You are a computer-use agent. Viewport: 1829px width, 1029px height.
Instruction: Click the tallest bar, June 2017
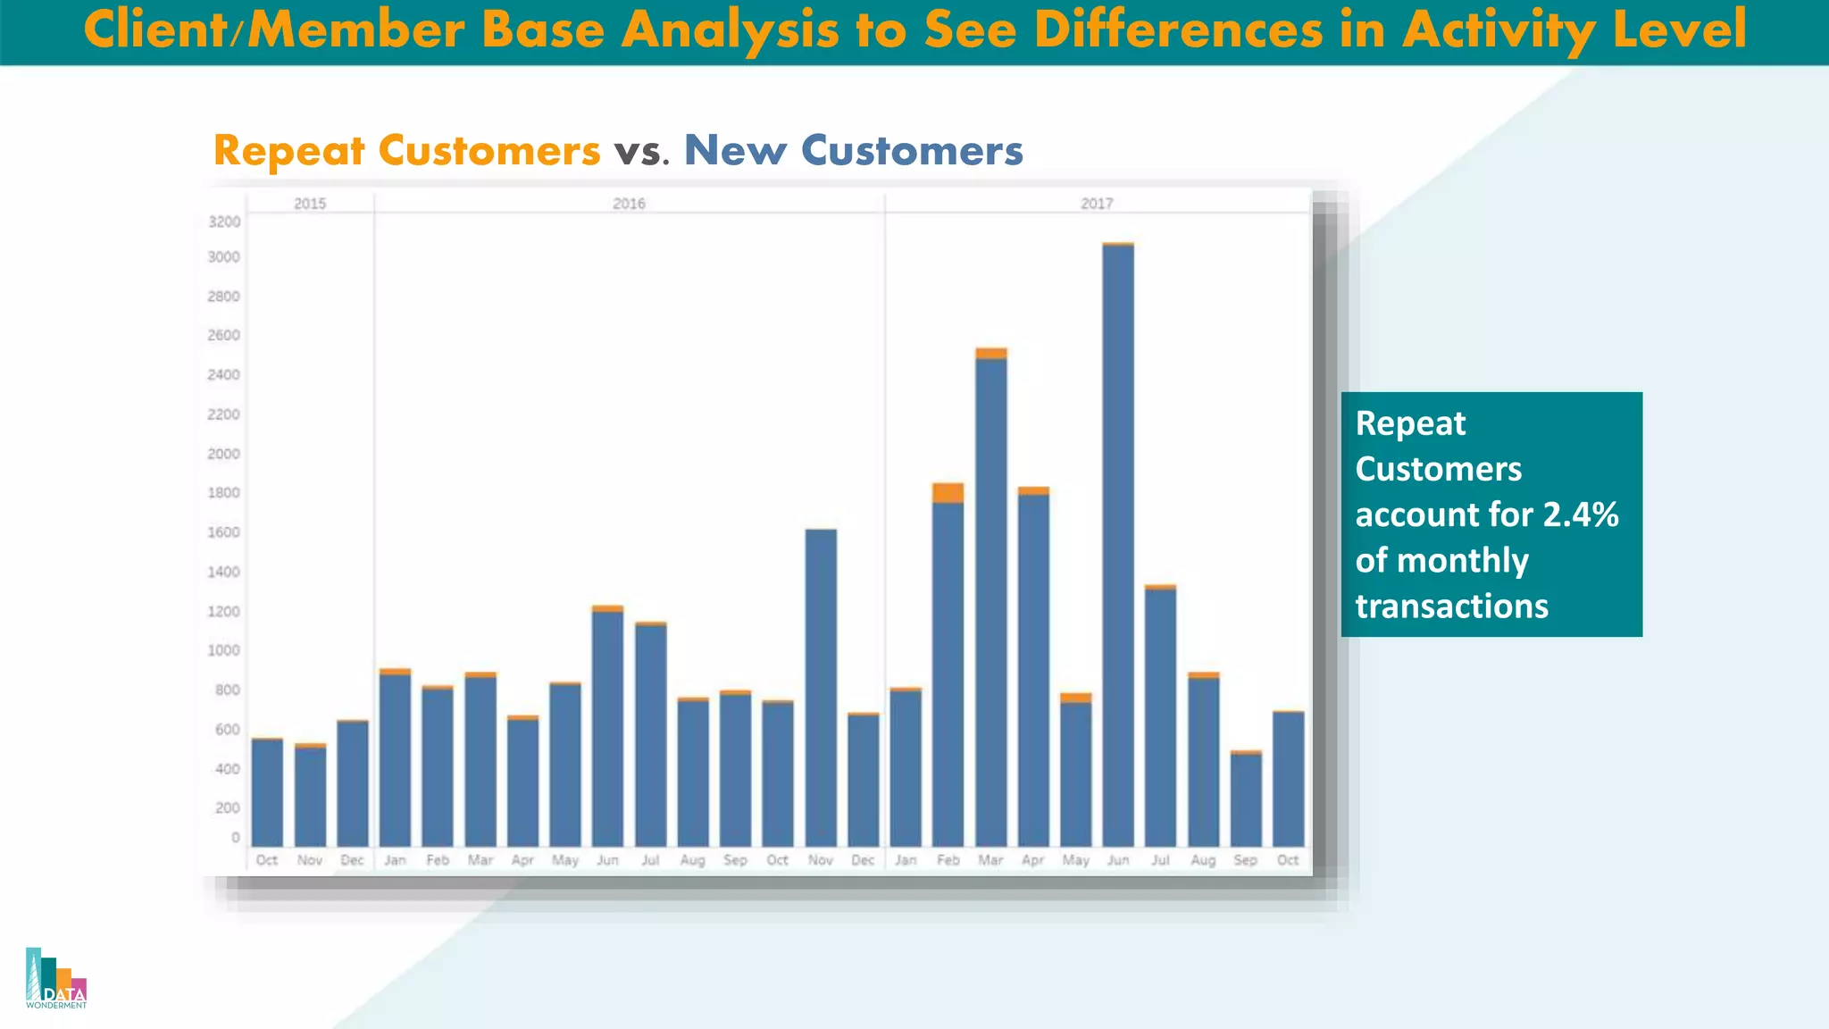[x=1118, y=545]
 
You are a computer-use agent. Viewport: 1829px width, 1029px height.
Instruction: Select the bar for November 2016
[x=821, y=688]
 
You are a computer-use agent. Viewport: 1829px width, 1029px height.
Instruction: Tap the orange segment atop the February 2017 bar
[x=948, y=493]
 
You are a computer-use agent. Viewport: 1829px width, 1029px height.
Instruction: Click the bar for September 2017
[x=1246, y=800]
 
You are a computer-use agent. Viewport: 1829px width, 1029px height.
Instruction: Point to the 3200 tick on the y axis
[x=223, y=222]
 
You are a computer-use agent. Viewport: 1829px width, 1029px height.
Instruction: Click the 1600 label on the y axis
[x=223, y=532]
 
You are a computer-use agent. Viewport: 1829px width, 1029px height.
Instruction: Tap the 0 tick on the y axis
[x=235, y=838]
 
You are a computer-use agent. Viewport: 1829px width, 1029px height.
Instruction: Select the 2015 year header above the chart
[x=310, y=204]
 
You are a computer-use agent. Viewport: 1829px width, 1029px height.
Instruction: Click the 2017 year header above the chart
[x=1097, y=204]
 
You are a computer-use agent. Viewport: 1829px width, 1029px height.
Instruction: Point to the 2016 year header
[x=629, y=204]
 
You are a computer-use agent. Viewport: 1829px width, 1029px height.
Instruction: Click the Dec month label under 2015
[x=352, y=860]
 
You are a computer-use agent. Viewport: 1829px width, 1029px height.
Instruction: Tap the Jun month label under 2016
[x=607, y=860]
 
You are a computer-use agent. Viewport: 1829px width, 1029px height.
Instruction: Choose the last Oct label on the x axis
[x=1288, y=860]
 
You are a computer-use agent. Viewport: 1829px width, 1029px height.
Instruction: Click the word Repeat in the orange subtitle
[x=288, y=151]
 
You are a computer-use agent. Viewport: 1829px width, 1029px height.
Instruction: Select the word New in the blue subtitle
[x=735, y=150]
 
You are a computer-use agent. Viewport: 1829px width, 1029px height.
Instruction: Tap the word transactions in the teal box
[x=1451, y=606]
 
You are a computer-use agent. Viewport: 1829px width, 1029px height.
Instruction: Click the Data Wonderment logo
[x=56, y=978]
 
